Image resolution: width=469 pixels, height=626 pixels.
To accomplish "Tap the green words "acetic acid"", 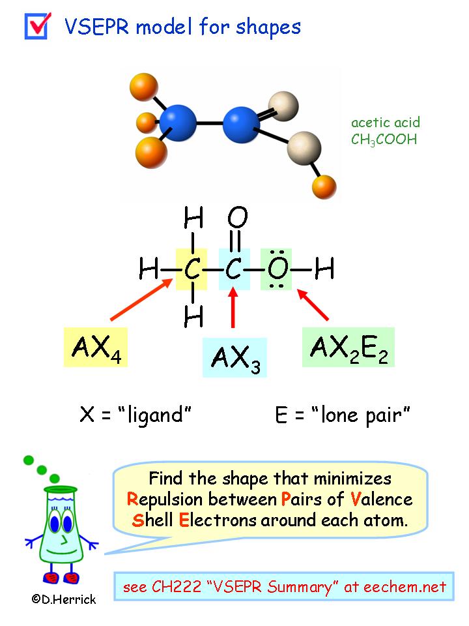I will (x=386, y=123).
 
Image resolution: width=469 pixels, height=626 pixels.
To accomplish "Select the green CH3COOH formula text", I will (x=384, y=140).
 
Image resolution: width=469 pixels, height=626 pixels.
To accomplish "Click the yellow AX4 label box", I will (x=95, y=348).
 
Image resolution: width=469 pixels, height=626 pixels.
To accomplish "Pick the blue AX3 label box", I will (x=234, y=358).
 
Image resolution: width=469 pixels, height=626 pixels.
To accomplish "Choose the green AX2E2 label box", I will (x=348, y=348).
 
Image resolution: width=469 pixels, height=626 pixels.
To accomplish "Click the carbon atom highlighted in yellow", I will (x=191, y=269).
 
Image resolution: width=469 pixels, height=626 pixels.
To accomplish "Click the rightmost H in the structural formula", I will (x=324, y=268).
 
